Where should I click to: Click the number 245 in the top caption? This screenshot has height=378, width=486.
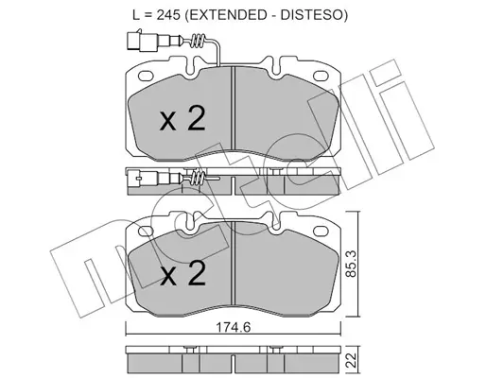tap(168, 14)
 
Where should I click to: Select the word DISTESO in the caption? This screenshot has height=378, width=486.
tap(311, 14)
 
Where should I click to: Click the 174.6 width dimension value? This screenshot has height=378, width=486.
tap(233, 328)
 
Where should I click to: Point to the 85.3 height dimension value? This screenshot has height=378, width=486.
tap(351, 264)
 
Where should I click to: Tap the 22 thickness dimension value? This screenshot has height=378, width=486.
tap(351, 361)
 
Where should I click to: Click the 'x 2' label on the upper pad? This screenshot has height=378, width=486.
tap(182, 118)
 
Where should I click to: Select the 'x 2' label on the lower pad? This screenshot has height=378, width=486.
tap(182, 273)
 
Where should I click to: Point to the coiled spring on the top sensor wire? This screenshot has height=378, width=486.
tap(199, 41)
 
